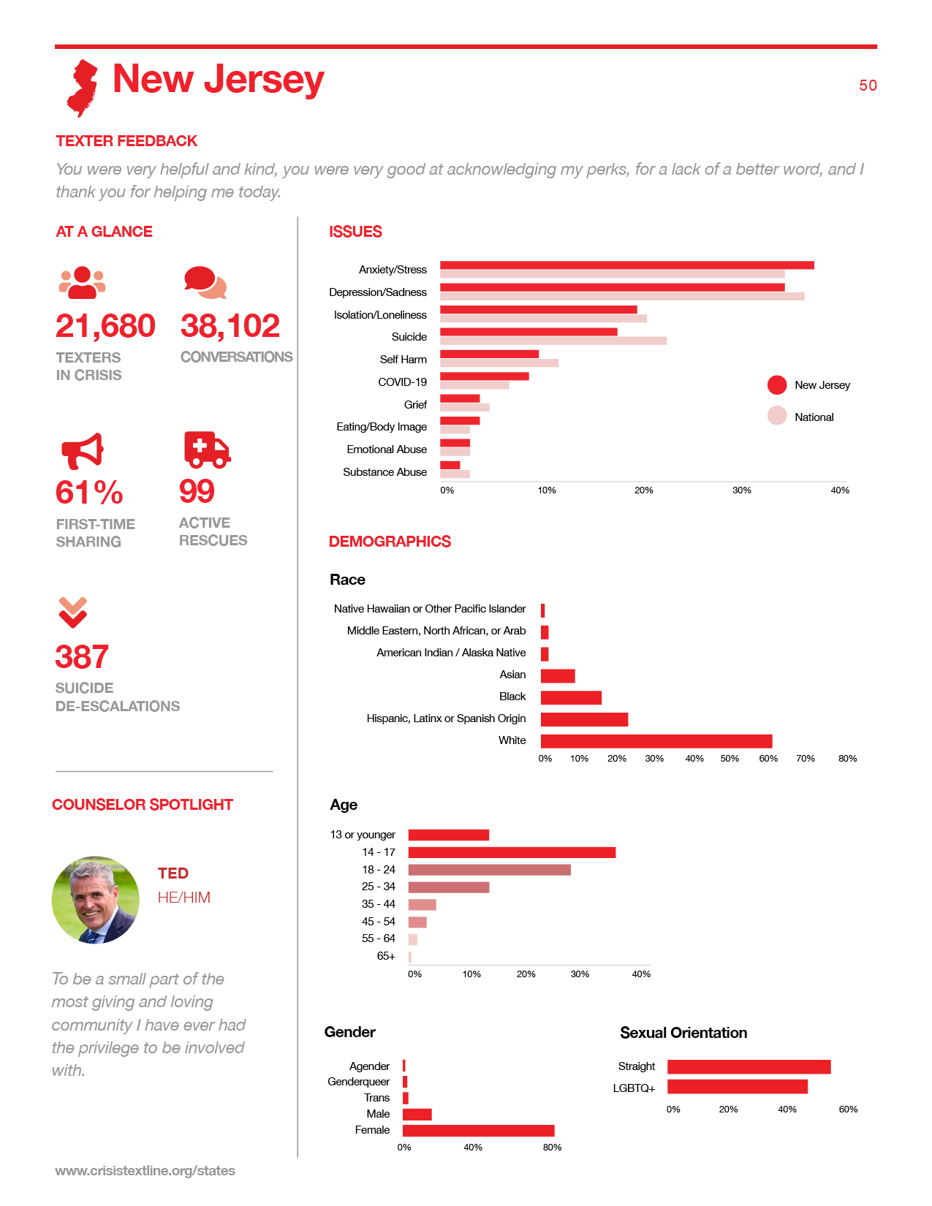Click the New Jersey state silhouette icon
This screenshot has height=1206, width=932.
pos(82,88)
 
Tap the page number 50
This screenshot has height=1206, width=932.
pos(868,86)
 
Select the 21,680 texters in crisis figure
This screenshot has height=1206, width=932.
pos(105,326)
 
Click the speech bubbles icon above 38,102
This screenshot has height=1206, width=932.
pos(205,282)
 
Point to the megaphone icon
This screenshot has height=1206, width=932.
pos(82,451)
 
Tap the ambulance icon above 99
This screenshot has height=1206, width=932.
pos(207,450)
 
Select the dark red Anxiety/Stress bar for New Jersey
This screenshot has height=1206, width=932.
pos(626,265)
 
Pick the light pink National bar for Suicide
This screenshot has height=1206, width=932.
pos(553,340)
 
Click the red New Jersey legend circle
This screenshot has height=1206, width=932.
pos(776,385)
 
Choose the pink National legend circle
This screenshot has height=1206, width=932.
pos(776,416)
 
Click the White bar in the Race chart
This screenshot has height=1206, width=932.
pos(656,741)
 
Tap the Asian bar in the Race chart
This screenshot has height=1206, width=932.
pos(557,675)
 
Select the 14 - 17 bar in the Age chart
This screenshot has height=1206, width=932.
pos(511,852)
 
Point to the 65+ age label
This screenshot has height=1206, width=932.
pos(386,956)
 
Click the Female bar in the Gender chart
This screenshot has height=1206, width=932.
pos(478,1131)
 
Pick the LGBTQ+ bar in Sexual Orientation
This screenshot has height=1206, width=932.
pos(737,1087)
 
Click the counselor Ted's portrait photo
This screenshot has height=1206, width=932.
pos(96,900)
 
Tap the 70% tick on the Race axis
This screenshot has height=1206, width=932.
pos(805,758)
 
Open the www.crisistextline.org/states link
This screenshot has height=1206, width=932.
pos(145,1170)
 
